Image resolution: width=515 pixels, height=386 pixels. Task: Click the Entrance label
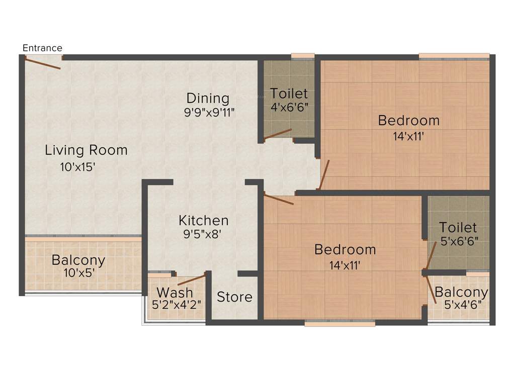[43, 48]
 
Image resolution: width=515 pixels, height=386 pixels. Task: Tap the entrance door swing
[43, 63]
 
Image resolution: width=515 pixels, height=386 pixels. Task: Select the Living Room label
[86, 150]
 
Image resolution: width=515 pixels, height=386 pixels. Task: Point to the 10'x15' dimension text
[78, 167]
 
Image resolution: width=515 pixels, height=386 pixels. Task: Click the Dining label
[208, 98]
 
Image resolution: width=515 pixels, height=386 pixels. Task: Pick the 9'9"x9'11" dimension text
[209, 112]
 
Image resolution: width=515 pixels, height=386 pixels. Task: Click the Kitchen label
[204, 220]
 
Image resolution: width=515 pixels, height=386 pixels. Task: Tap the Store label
[234, 297]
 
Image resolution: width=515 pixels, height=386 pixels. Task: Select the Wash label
[175, 292]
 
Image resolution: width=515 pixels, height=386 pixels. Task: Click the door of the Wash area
[192, 279]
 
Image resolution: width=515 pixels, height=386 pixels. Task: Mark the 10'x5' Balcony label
[78, 260]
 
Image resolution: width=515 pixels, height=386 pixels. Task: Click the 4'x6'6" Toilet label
[289, 93]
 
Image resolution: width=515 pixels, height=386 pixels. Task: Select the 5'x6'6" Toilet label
[458, 227]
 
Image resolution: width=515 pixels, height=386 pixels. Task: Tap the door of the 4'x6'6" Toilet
[277, 133]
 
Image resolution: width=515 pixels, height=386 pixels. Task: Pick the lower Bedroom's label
[345, 249]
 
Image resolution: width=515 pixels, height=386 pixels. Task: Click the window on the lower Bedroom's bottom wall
[340, 324]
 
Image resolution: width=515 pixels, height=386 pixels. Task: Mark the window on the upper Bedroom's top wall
[454, 55]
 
